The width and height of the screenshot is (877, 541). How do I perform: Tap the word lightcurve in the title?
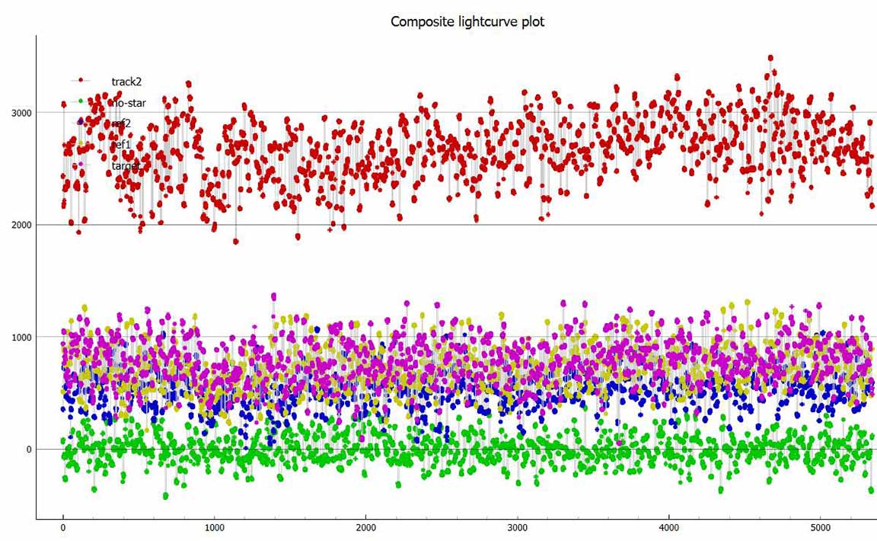(485, 21)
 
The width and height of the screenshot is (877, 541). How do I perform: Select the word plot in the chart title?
(533, 21)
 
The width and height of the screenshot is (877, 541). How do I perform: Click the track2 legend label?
(126, 81)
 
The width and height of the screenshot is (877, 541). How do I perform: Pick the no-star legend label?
(126, 102)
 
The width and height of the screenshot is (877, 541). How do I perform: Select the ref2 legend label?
(121, 123)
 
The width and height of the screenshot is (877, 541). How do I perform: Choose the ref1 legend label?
(121, 144)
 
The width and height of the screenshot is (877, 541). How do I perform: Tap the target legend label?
(126, 165)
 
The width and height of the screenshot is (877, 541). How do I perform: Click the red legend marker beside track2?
(81, 80)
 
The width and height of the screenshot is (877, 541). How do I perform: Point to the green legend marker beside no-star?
(81, 101)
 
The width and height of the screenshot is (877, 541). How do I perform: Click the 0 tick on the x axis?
(62, 527)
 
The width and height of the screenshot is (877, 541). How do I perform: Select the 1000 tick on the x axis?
(214, 527)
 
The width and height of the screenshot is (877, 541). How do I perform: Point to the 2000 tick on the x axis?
(365, 527)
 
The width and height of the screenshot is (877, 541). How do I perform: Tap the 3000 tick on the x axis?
(517, 527)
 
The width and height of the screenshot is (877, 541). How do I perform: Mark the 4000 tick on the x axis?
(668, 527)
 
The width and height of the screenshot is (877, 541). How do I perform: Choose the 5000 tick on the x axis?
(820, 527)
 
